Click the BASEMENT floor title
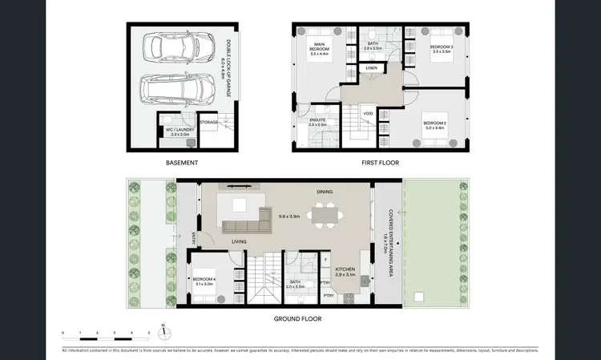pyautogui.click(x=182, y=162)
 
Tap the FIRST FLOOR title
pyautogui.click(x=380, y=162)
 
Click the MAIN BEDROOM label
pyautogui.click(x=323, y=47)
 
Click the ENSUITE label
pyautogui.click(x=318, y=120)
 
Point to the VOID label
pyautogui.click(x=367, y=113)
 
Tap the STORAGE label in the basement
pyautogui.click(x=209, y=123)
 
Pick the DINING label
pyautogui.click(x=325, y=192)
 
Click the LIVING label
pyautogui.click(x=239, y=241)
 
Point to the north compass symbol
pyautogui.click(x=163, y=327)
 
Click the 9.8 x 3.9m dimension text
pyautogui.click(x=288, y=216)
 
